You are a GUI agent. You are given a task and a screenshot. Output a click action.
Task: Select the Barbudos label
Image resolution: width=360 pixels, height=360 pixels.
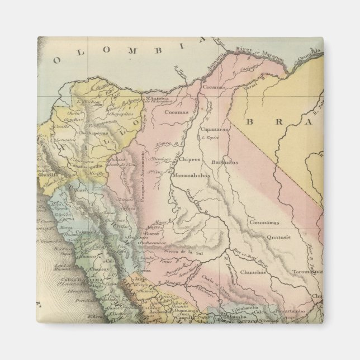point(225,162)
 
